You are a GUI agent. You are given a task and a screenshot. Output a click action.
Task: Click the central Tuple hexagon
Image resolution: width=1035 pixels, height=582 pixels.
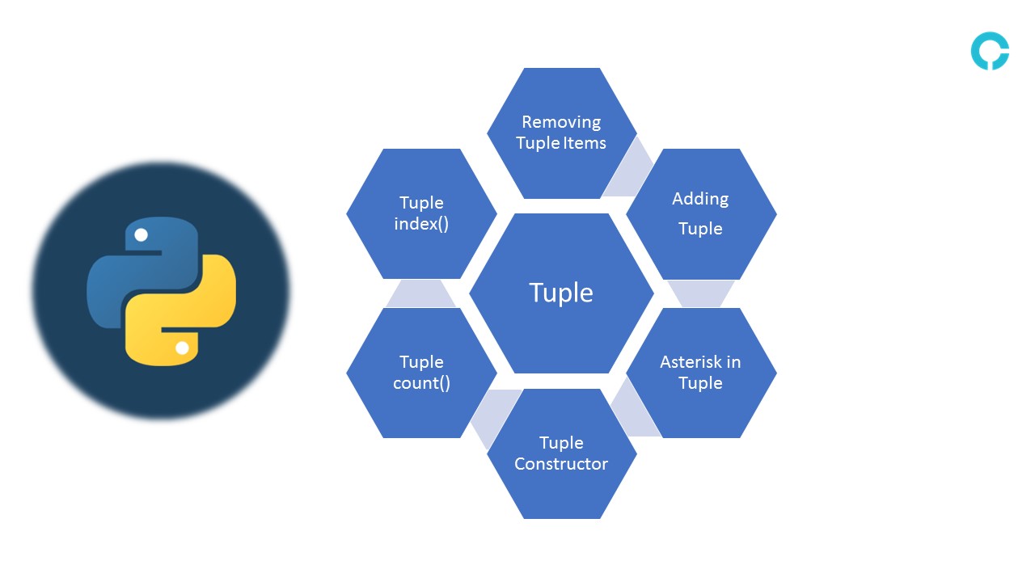[x=561, y=293]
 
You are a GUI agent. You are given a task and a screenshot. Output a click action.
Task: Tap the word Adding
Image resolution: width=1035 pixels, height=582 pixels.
[x=700, y=199]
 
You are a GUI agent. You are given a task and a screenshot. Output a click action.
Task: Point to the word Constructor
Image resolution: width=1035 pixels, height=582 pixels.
[x=561, y=464]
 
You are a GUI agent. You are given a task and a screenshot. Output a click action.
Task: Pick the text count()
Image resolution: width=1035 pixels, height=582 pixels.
[x=421, y=383]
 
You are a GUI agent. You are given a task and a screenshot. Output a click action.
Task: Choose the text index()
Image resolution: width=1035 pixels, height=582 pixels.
[x=421, y=224]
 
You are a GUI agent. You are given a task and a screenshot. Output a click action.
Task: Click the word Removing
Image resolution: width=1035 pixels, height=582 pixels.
[x=561, y=122]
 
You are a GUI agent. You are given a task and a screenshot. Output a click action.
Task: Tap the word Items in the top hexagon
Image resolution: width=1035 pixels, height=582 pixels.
[x=585, y=143]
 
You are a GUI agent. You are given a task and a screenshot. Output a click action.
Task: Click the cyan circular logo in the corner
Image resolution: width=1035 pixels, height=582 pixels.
[x=990, y=51]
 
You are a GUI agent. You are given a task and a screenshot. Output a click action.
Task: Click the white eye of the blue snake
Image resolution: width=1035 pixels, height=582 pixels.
[x=141, y=235]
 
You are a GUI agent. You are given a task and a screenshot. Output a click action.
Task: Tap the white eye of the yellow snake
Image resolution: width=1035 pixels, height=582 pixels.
[x=182, y=348]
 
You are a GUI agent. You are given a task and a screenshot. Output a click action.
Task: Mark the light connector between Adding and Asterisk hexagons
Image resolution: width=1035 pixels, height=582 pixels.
[x=700, y=293]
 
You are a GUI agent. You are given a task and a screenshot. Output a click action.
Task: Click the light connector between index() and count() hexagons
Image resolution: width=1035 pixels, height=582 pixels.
[x=421, y=293]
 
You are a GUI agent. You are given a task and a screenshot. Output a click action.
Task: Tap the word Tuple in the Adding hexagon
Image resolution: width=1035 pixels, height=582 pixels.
[x=700, y=229]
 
